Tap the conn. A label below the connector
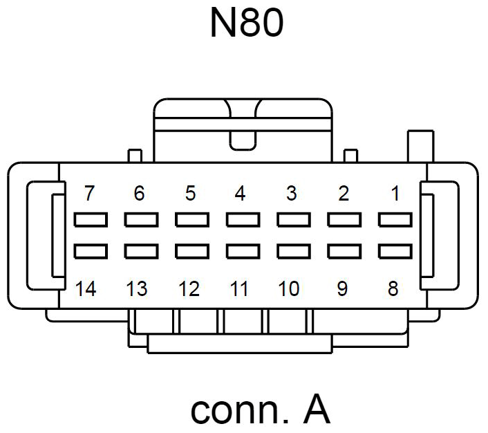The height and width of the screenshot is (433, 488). tap(260, 409)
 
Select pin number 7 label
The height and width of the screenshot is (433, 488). tap(88, 194)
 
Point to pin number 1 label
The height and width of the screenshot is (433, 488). tap(395, 194)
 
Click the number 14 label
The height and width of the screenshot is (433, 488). tap(86, 288)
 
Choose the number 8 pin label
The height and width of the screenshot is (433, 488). tap(393, 288)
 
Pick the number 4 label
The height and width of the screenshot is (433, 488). tap(241, 194)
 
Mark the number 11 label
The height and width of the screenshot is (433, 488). tap(239, 288)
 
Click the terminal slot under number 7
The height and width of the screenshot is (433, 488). tap(90, 220)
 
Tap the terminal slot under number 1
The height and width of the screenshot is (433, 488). tap(395, 220)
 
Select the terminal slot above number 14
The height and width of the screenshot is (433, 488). tap(90, 250)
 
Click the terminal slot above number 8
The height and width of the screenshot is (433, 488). tap(395, 250)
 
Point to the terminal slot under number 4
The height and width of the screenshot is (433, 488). tap(243, 220)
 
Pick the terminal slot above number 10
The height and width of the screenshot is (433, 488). tap(294, 250)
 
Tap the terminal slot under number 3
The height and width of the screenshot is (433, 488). tap(294, 220)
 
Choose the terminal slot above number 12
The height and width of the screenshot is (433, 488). tap(191, 250)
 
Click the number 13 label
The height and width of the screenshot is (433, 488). tap(137, 288)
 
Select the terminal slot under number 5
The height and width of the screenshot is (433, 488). tap(191, 220)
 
